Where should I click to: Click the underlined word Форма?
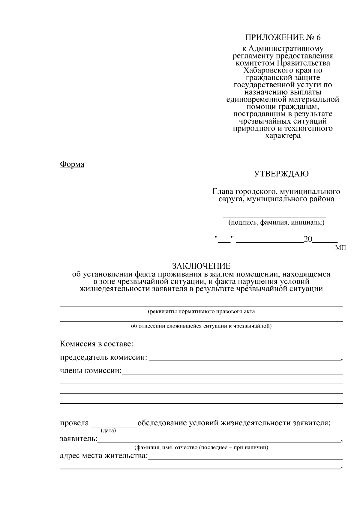click(72, 164)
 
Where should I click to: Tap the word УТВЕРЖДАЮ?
click(281, 174)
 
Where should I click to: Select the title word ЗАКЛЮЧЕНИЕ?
click(201, 266)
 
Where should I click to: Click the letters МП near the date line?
click(340, 248)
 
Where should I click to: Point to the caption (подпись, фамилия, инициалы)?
click(276, 223)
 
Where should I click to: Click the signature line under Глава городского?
click(274, 216)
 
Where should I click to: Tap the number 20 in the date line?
click(308, 239)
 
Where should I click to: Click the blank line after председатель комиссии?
click(244, 359)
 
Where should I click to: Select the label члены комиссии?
click(91, 371)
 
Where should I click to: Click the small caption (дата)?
click(108, 431)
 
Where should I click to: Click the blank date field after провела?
click(114, 424)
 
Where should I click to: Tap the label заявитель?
click(79, 439)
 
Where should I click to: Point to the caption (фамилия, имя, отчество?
click(201, 448)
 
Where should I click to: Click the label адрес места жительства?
click(104, 456)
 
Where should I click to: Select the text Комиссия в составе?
click(96, 344)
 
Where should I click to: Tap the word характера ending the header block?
click(283, 136)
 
